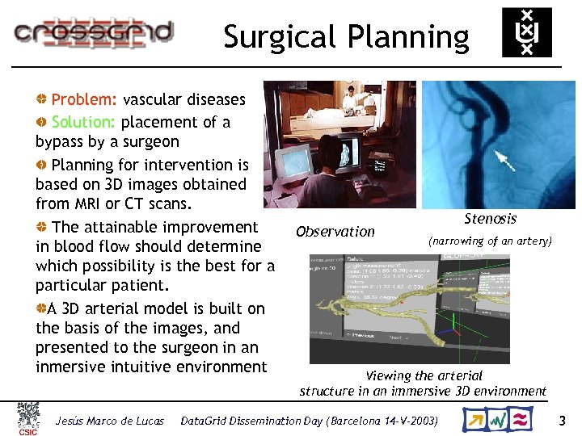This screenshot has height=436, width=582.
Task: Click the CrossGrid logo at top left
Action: (x=93, y=32)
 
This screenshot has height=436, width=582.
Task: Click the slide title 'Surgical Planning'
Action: (x=346, y=37)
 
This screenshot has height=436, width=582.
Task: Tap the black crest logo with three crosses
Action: (x=526, y=32)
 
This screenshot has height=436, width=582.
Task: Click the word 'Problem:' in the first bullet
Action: (x=85, y=100)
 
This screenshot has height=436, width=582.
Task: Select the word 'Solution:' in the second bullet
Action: (x=85, y=123)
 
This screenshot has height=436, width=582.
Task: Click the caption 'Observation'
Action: (x=335, y=232)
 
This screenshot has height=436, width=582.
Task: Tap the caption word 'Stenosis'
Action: (x=490, y=219)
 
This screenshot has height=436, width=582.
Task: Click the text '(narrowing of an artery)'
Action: (x=490, y=241)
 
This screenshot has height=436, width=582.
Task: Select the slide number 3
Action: (x=563, y=421)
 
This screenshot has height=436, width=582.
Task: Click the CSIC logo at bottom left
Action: (x=28, y=420)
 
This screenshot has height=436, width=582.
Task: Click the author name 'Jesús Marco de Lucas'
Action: (x=109, y=421)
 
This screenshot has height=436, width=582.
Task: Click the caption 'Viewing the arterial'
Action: (x=424, y=375)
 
